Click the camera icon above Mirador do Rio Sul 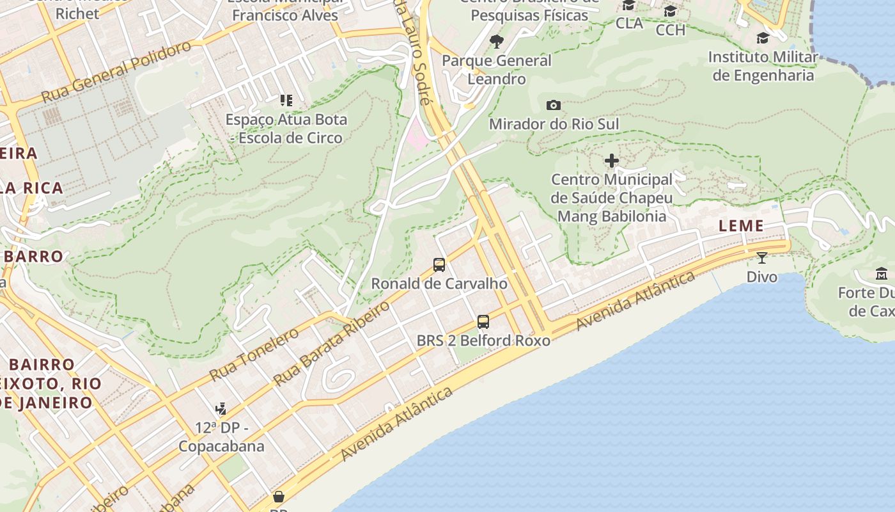554,105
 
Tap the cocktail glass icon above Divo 761,258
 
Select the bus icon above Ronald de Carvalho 439,264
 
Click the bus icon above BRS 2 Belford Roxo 483,322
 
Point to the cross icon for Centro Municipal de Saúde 612,161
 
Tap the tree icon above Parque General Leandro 496,42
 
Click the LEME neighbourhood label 742,225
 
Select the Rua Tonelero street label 254,354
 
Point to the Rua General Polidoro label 116,72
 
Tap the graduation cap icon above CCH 670,12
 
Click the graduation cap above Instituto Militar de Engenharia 763,38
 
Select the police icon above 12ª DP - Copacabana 221,408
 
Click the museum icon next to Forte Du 882,274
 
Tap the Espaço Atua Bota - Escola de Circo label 286,129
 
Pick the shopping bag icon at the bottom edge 279,497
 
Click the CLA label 629,23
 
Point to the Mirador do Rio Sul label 554,124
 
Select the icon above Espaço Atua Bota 286,100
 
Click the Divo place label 762,277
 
